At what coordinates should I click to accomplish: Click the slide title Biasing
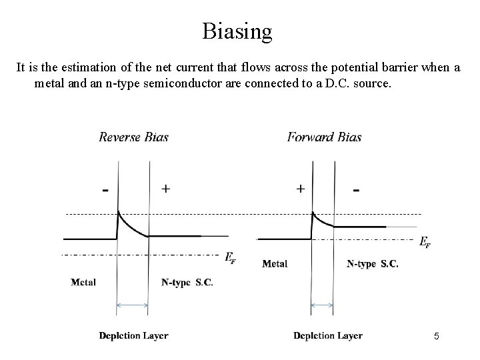pos(237,31)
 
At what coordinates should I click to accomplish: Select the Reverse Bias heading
pos(133,137)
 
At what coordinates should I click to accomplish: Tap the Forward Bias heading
pos(324,137)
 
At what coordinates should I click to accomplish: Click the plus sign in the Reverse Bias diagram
pos(165,189)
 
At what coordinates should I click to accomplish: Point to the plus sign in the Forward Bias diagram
pos(301,189)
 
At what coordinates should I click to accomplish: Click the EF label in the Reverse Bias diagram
pos(230,257)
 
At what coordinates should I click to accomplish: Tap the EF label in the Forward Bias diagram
pos(425,243)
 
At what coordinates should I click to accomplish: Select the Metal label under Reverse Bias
pos(83,282)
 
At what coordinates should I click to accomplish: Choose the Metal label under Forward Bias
pos(275,263)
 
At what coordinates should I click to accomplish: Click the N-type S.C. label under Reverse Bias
pos(187,282)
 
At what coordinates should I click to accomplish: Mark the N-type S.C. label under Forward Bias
pos(373,263)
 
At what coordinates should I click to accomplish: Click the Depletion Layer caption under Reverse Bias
pos(133,335)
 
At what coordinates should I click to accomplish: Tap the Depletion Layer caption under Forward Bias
pos(327,335)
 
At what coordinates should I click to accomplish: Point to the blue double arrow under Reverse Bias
pos(132,306)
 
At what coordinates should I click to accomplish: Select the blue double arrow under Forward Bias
pos(323,306)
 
